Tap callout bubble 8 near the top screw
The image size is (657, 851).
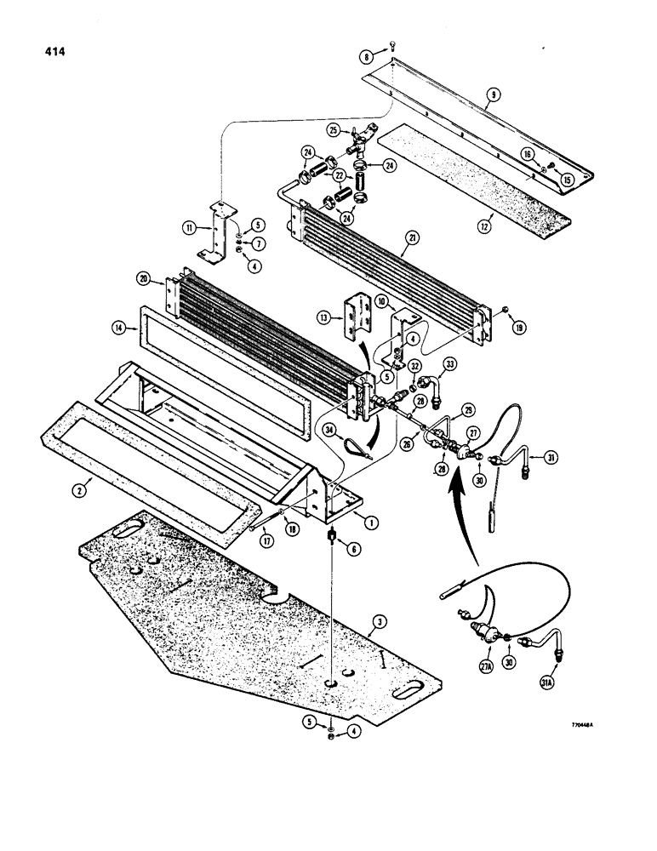[x=368, y=57]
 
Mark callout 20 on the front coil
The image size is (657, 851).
[x=143, y=278]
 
